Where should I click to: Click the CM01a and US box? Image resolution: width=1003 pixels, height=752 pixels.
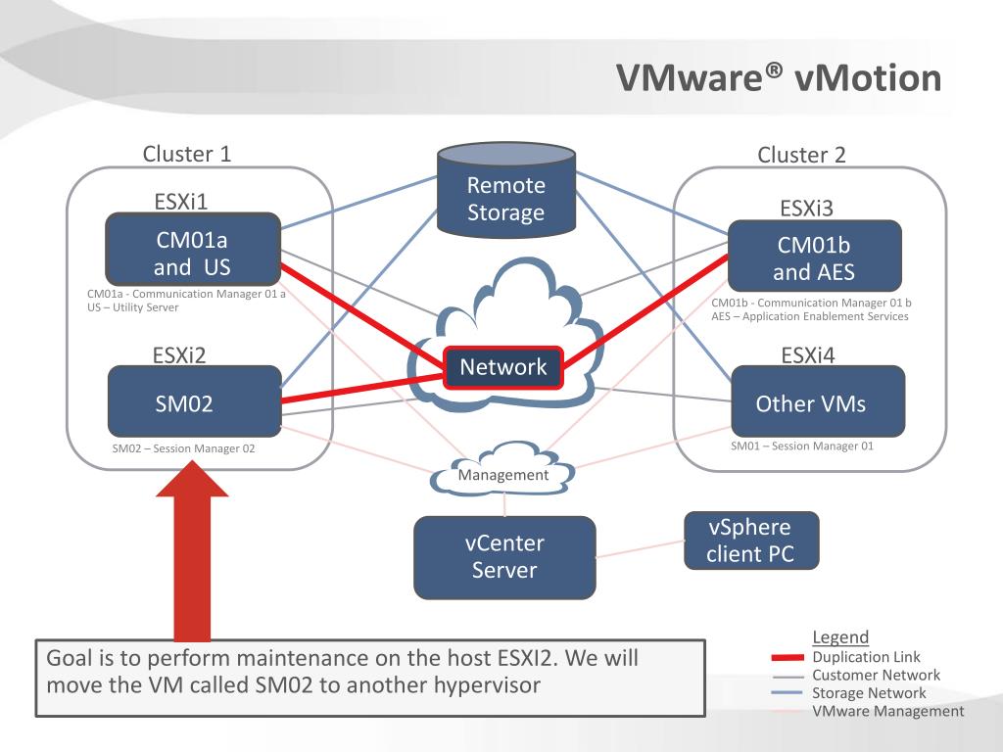pyautogui.click(x=193, y=250)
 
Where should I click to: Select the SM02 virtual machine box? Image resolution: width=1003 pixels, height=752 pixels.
pyautogui.click(x=195, y=401)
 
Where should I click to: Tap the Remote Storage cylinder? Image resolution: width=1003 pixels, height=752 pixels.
pyautogui.click(x=506, y=190)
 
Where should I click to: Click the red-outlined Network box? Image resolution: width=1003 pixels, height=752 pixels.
pyautogui.click(x=503, y=368)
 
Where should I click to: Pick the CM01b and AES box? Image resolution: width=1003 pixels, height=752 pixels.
pyautogui.click(x=814, y=256)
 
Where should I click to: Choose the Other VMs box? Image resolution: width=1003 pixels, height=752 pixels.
pyautogui.click(x=818, y=401)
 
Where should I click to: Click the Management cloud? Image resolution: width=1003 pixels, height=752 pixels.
pyautogui.click(x=502, y=469)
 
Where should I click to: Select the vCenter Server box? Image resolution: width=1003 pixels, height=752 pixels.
pyautogui.click(x=504, y=557)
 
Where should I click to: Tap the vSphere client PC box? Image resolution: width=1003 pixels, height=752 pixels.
pyautogui.click(x=751, y=540)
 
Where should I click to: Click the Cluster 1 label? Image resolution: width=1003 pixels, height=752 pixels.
pyautogui.click(x=187, y=154)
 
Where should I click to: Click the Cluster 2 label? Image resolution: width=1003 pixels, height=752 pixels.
pyautogui.click(x=801, y=155)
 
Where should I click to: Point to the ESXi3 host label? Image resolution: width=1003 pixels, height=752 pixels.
pyautogui.click(x=807, y=209)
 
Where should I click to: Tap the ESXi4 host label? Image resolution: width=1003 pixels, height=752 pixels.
pyautogui.click(x=808, y=355)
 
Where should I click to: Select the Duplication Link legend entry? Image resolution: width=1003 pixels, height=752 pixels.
pyautogui.click(x=845, y=657)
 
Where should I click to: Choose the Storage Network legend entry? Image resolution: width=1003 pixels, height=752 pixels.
pyautogui.click(x=849, y=692)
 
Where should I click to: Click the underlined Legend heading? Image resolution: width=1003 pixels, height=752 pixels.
pyautogui.click(x=840, y=636)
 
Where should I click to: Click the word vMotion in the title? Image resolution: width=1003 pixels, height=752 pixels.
pyautogui.click(x=868, y=78)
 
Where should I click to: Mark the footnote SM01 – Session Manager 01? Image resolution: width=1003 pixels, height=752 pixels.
pyautogui.click(x=802, y=446)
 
